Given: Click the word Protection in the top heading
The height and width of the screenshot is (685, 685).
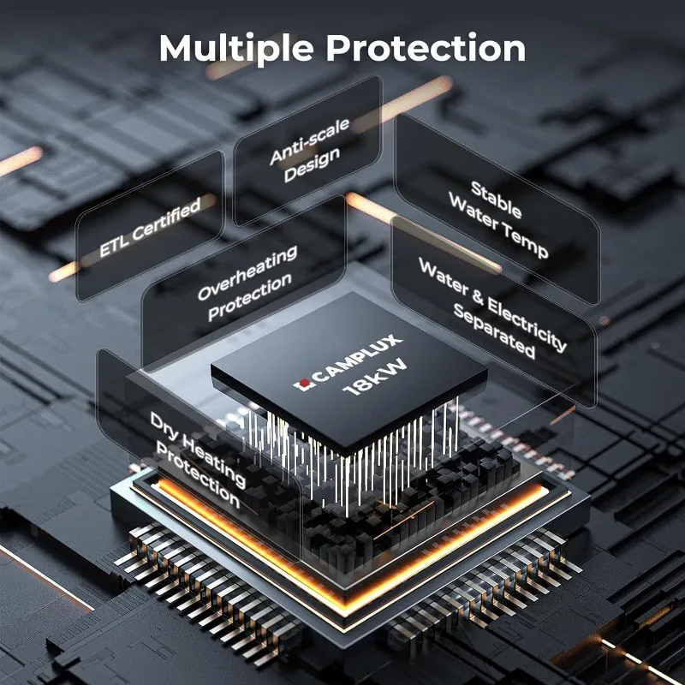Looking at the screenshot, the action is click(x=426, y=48).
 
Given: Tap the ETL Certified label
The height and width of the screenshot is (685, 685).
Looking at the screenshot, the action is click(x=150, y=227).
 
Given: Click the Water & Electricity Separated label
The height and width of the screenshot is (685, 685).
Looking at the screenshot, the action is click(x=493, y=308).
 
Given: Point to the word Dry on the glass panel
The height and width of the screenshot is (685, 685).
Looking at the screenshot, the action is click(x=164, y=425).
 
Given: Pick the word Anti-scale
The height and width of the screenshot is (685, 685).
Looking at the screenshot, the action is click(x=298, y=140).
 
